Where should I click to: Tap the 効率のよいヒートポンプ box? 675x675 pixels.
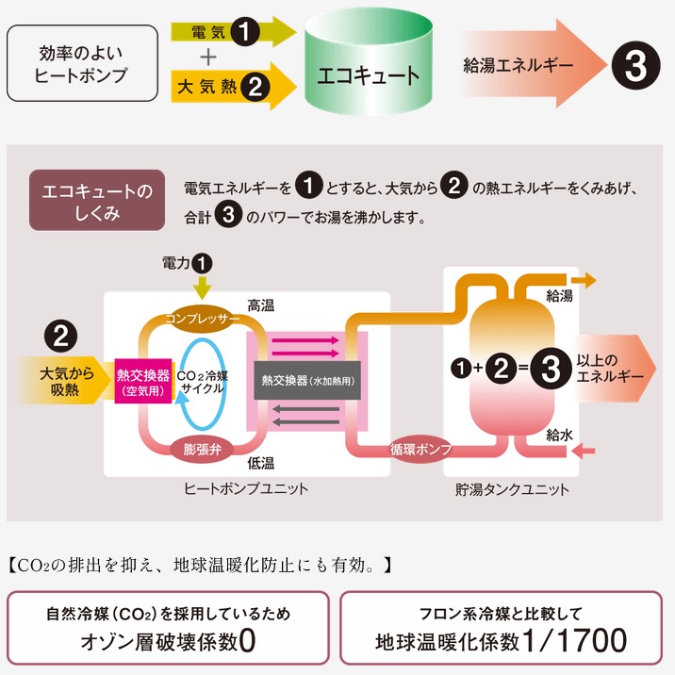coord(81,64)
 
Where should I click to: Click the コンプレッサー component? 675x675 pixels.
coord(203,319)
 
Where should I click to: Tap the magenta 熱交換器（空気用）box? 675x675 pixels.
coord(142,379)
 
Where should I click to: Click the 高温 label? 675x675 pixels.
coord(260,305)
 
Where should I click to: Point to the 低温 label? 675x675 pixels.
coord(260,463)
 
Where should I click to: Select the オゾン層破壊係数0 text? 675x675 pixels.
coord(168,641)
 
